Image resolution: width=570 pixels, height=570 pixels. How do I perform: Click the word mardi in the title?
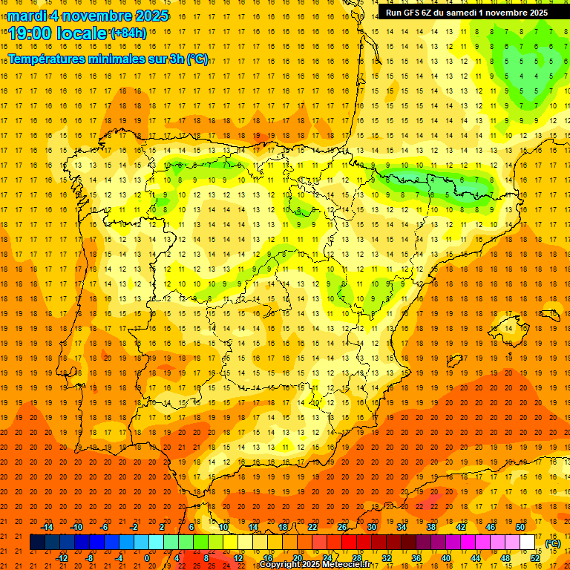(24, 16)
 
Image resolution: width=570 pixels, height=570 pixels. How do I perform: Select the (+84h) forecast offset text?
(128, 33)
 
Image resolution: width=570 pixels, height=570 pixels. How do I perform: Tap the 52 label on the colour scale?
(535, 558)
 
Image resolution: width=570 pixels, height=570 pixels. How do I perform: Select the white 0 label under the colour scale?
(147, 558)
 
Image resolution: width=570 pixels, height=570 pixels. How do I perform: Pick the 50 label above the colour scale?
(520, 527)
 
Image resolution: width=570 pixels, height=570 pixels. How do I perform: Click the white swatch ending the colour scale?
(528, 543)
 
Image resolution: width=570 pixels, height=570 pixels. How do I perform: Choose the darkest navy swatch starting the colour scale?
(37, 543)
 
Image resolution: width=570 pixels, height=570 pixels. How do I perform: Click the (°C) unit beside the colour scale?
(553, 543)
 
